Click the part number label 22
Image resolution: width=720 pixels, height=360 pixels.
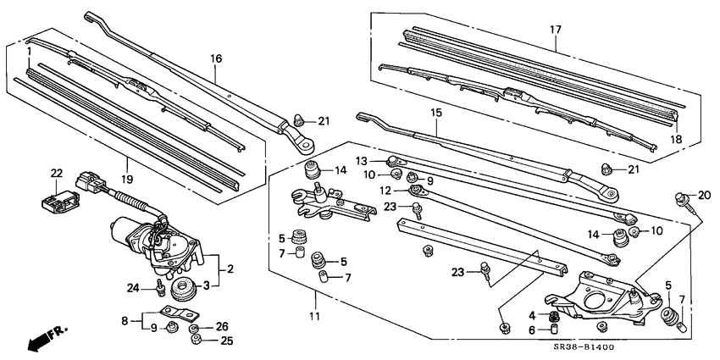click(x=57, y=174)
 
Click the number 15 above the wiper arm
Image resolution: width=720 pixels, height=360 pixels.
click(x=436, y=112)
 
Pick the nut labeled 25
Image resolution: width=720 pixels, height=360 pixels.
click(x=197, y=341)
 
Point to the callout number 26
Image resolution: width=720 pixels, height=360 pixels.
click(x=222, y=326)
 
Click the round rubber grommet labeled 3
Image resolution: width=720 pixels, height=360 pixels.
click(x=183, y=291)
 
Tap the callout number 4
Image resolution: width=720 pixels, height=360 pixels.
click(x=533, y=316)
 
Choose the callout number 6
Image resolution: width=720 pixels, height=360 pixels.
click(x=533, y=330)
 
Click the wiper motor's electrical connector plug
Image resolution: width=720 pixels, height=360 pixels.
click(x=87, y=183)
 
